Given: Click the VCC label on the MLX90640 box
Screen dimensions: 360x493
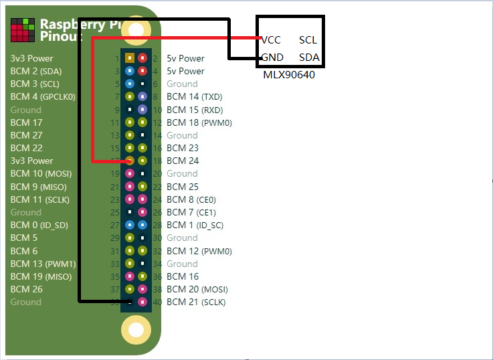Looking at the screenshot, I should [x=272, y=40].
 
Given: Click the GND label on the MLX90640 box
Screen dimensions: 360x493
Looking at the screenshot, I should [x=272, y=58].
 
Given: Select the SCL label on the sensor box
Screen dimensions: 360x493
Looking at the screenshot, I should [x=308, y=40].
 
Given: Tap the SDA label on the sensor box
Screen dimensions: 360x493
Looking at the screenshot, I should [x=309, y=58].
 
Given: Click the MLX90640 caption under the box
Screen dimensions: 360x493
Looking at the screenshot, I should [x=289, y=75].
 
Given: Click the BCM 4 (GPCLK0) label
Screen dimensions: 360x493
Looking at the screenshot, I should [x=43, y=96].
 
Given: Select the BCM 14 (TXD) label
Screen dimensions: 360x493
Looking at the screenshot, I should [x=195, y=97].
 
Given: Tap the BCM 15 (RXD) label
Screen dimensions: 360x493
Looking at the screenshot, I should [x=195, y=110].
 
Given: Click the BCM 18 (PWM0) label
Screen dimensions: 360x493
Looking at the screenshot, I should [x=199, y=122].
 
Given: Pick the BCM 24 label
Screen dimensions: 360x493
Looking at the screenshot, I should [x=183, y=161].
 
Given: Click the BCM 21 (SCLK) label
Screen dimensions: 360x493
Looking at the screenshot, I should [x=196, y=302].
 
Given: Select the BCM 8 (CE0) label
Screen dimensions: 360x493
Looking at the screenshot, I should [x=191, y=199].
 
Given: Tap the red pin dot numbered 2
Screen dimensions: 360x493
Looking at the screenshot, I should [x=142, y=58].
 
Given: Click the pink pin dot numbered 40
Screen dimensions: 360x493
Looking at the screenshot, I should [x=142, y=302].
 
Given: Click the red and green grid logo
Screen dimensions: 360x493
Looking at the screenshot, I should [x=23, y=30].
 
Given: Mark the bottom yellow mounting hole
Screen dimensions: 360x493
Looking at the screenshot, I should [x=136, y=330].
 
